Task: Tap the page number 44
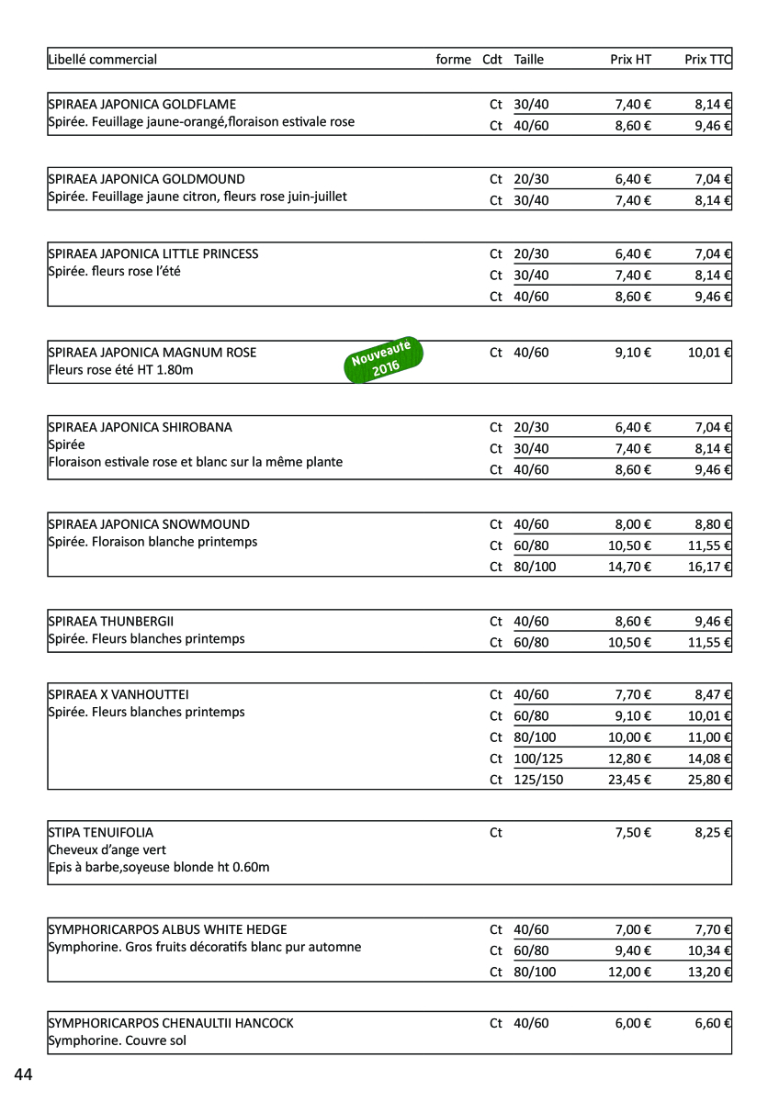[x=23, y=1074]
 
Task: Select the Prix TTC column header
[x=707, y=60]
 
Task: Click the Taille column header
[x=529, y=60]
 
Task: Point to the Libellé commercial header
[x=103, y=60]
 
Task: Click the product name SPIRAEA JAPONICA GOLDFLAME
[x=142, y=105]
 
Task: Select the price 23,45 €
[x=629, y=780]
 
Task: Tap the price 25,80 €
[x=709, y=780]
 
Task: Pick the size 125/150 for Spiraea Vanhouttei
[x=538, y=780]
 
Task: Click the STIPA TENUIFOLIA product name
[x=101, y=833]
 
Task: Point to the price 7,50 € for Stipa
[x=633, y=833]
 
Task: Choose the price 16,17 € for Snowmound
[x=709, y=567]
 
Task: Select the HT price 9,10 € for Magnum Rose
[x=633, y=353]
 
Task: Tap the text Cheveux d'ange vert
[x=107, y=850]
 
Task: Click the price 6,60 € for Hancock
[x=713, y=1023]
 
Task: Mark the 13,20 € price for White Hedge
[x=709, y=972]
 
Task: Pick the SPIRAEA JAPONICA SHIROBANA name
[x=141, y=427]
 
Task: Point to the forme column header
[x=453, y=60]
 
